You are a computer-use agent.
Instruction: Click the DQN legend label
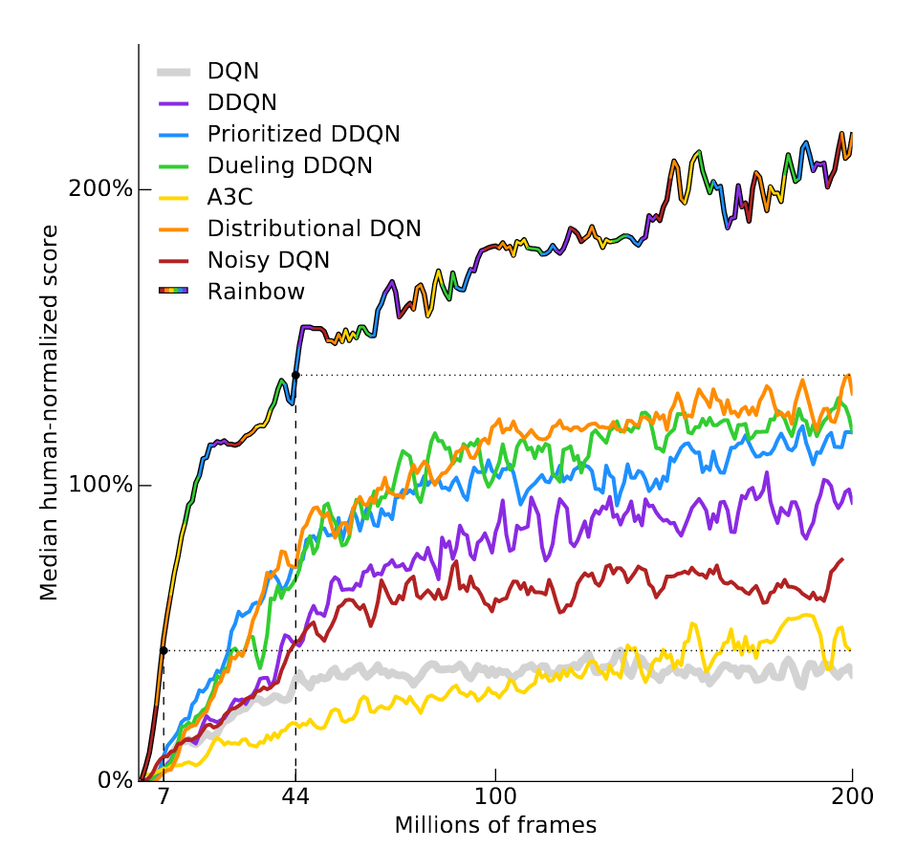(232, 71)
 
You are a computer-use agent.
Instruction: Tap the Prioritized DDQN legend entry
(303, 133)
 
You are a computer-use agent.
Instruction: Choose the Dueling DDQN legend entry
(290, 164)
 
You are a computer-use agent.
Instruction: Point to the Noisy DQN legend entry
(268, 259)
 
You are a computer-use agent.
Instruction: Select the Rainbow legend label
(255, 291)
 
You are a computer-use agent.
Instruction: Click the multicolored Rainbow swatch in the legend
(173, 290)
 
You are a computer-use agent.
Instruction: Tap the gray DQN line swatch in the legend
(173, 71)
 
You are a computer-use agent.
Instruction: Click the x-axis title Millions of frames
(495, 824)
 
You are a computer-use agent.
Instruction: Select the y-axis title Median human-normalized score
(50, 413)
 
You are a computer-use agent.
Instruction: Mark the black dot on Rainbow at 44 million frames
(295, 375)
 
